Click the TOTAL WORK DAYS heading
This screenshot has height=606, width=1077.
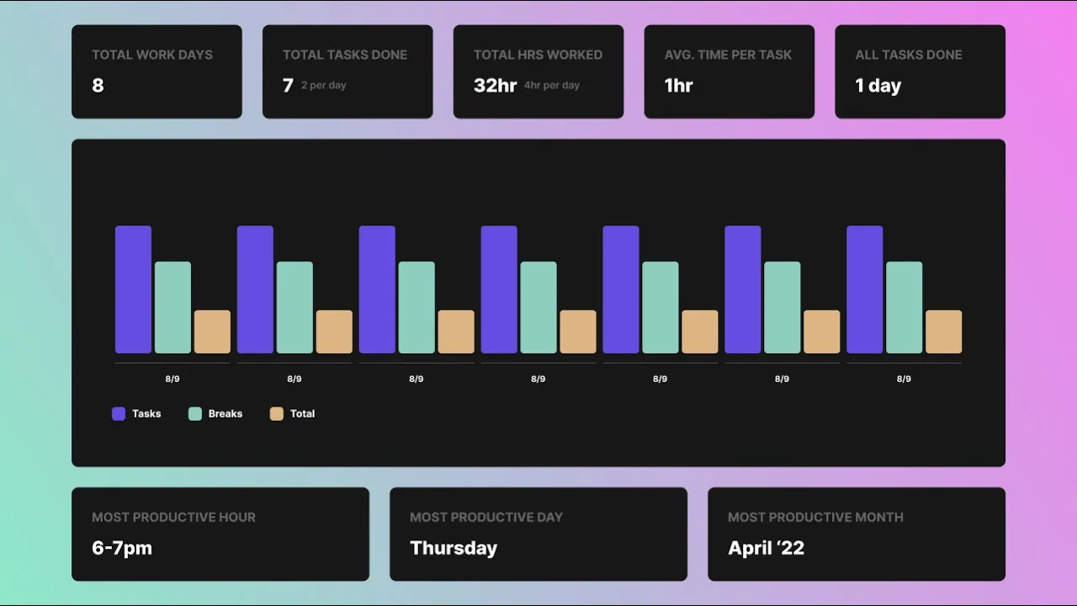[x=152, y=55]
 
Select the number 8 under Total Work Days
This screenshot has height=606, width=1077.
[x=98, y=85]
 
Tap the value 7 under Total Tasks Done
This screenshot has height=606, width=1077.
[x=288, y=85]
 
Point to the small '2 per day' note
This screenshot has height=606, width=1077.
[x=324, y=85]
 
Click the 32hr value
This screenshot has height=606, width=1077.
[x=495, y=85]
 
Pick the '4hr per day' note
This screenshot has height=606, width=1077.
[x=552, y=85]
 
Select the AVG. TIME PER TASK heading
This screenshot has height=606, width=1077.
[x=728, y=55]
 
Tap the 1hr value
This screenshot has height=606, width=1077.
[x=678, y=85]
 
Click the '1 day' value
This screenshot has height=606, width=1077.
[x=878, y=85]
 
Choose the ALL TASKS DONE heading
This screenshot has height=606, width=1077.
[x=909, y=55]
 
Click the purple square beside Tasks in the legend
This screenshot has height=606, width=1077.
[x=119, y=413]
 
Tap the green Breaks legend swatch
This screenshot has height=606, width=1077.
[x=195, y=413]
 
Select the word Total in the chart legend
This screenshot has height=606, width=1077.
[x=302, y=413]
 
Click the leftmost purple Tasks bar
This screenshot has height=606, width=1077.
[x=133, y=290]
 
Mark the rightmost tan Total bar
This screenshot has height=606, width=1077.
[x=944, y=332]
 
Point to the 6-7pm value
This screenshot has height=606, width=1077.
[x=122, y=548]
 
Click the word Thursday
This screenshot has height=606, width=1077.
[x=454, y=548]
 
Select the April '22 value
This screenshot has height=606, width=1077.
[x=766, y=548]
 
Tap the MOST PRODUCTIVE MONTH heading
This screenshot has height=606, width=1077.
[x=815, y=517]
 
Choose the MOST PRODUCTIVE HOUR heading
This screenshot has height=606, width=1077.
[x=173, y=517]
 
